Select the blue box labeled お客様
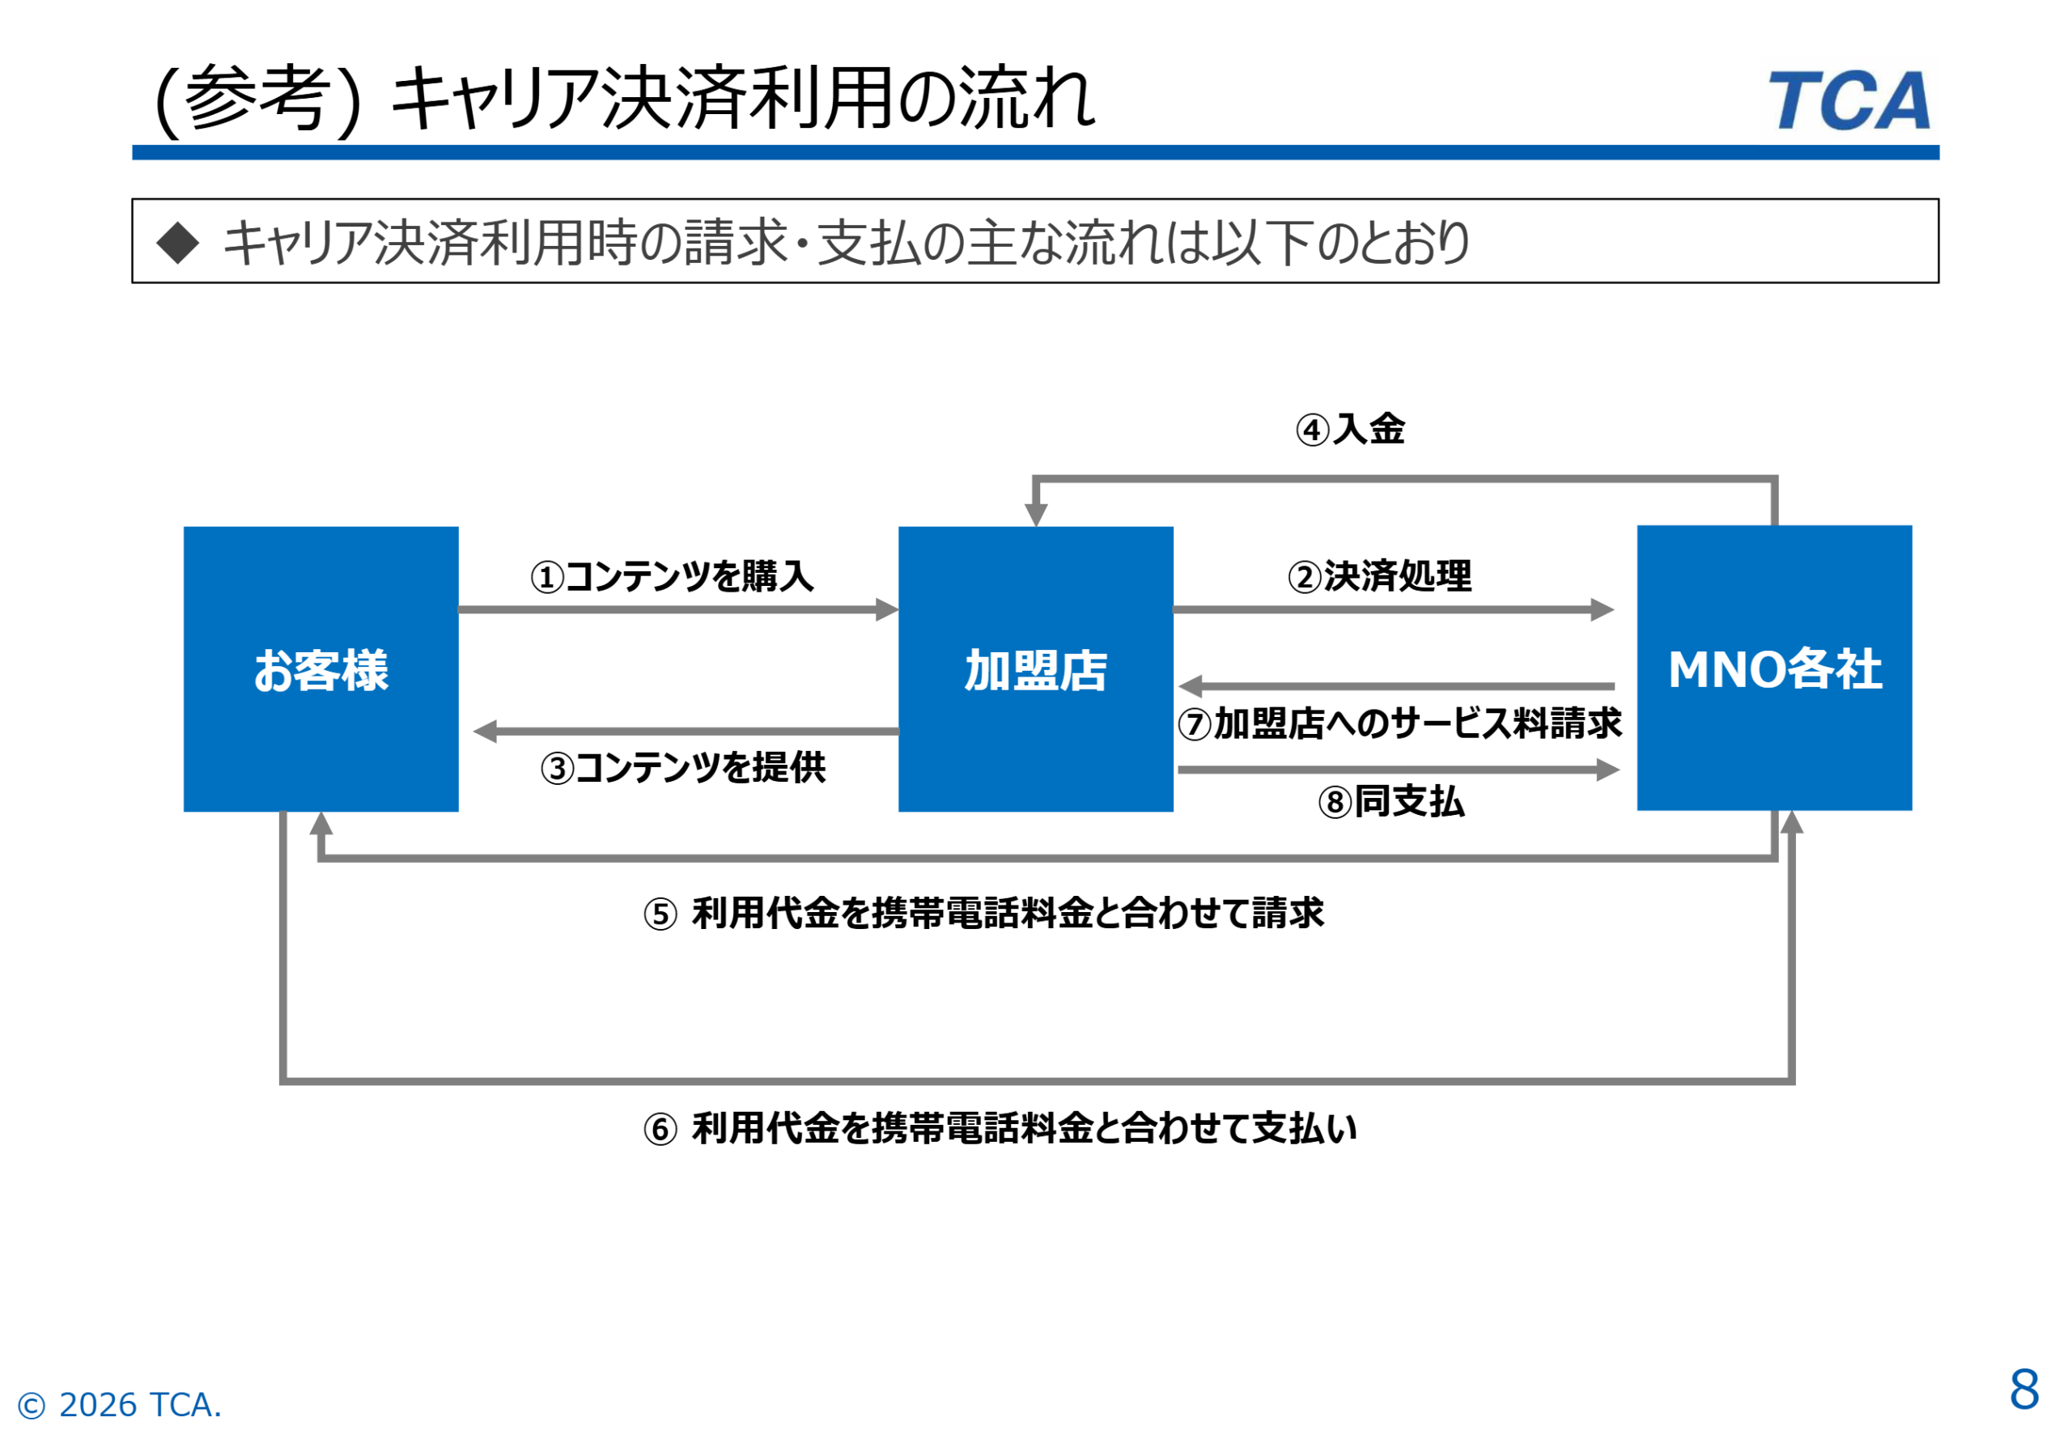(x=321, y=668)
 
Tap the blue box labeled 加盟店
(x=1035, y=668)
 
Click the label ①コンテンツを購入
(x=672, y=576)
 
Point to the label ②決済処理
(x=1379, y=576)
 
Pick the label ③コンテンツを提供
(x=683, y=767)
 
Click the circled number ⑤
(x=660, y=914)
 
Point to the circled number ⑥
(x=660, y=1130)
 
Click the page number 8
(x=2023, y=1389)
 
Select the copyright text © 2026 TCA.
(x=120, y=1404)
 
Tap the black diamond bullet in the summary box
(x=178, y=243)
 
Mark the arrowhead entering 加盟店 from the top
(x=1036, y=515)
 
